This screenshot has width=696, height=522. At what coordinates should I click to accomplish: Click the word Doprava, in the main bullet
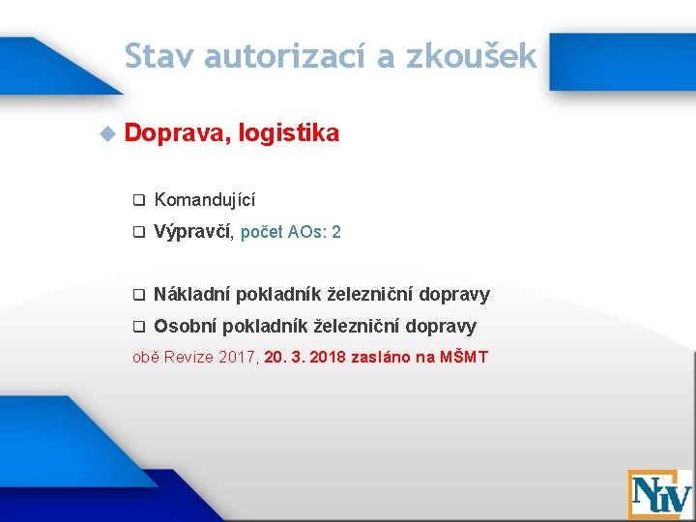click(178, 134)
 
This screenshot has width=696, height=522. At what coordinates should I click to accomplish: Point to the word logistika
click(288, 134)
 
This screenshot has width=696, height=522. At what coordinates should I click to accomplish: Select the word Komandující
click(205, 201)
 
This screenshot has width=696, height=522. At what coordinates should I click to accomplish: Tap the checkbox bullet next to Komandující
click(137, 201)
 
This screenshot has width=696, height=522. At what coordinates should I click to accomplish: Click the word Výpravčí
click(192, 232)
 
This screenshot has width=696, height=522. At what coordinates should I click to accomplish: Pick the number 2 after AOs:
click(335, 233)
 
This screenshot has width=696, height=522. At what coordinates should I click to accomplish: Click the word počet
click(262, 233)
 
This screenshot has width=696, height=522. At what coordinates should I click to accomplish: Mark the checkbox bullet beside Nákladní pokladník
click(137, 295)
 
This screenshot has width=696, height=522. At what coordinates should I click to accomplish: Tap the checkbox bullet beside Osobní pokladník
click(137, 327)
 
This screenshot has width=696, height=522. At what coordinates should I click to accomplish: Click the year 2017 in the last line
click(237, 358)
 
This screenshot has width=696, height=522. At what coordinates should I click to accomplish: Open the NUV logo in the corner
click(659, 494)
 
